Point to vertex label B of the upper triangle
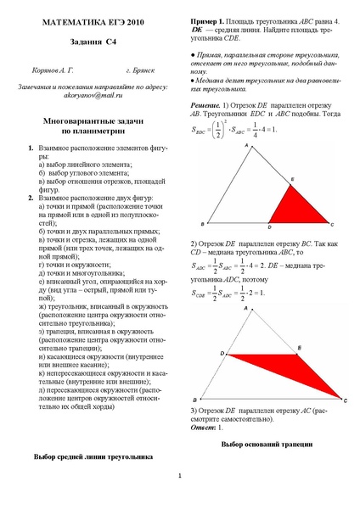click(202, 226)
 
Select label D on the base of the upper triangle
click(269, 229)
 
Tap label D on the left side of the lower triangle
click(222, 351)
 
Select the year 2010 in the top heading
click(127, 18)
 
